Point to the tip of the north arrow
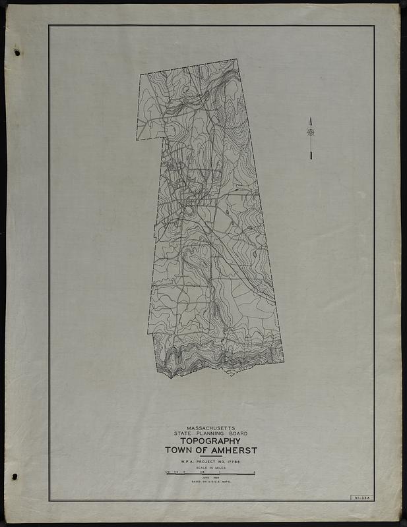[311, 119]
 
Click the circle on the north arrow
[311, 132]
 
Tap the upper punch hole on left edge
[16, 52]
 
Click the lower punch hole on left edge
[14, 476]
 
